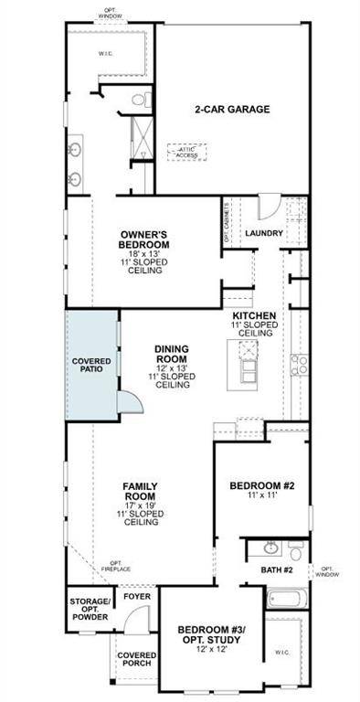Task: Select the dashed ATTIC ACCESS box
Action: (186, 152)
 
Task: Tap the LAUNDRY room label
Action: (264, 233)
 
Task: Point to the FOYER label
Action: (137, 597)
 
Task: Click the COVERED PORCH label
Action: (136, 661)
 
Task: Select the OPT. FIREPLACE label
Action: (116, 566)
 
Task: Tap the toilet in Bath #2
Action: (295, 550)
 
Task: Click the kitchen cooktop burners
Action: (298, 366)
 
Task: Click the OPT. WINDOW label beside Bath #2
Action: (327, 570)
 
